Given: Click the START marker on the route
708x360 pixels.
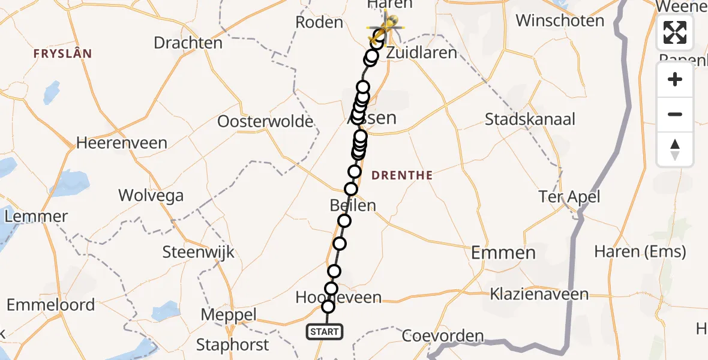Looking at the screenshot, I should pyautogui.click(x=325, y=331).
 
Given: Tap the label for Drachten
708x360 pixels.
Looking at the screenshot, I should pyautogui.click(x=188, y=43).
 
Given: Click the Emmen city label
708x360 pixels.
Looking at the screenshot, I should pyautogui.click(x=503, y=253).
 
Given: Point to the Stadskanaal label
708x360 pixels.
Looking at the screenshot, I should pyautogui.click(x=530, y=119).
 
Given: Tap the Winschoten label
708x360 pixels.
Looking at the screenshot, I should pyautogui.click(x=560, y=21).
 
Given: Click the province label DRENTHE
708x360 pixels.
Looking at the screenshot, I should pyautogui.click(x=402, y=176).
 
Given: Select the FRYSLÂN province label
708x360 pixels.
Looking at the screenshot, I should pyautogui.click(x=63, y=54).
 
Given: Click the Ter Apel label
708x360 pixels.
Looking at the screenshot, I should pyautogui.click(x=569, y=197).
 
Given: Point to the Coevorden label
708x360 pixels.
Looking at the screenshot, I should pyautogui.click(x=443, y=336).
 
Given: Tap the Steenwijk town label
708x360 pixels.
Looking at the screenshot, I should pyautogui.click(x=199, y=252).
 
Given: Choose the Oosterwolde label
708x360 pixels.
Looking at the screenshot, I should pyautogui.click(x=265, y=122).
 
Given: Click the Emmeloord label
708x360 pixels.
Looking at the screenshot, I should pyautogui.click(x=51, y=305).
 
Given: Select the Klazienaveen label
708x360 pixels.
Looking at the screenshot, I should pyautogui.click(x=539, y=295).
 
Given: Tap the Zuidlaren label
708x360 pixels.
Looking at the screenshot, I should pyautogui.click(x=422, y=53).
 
